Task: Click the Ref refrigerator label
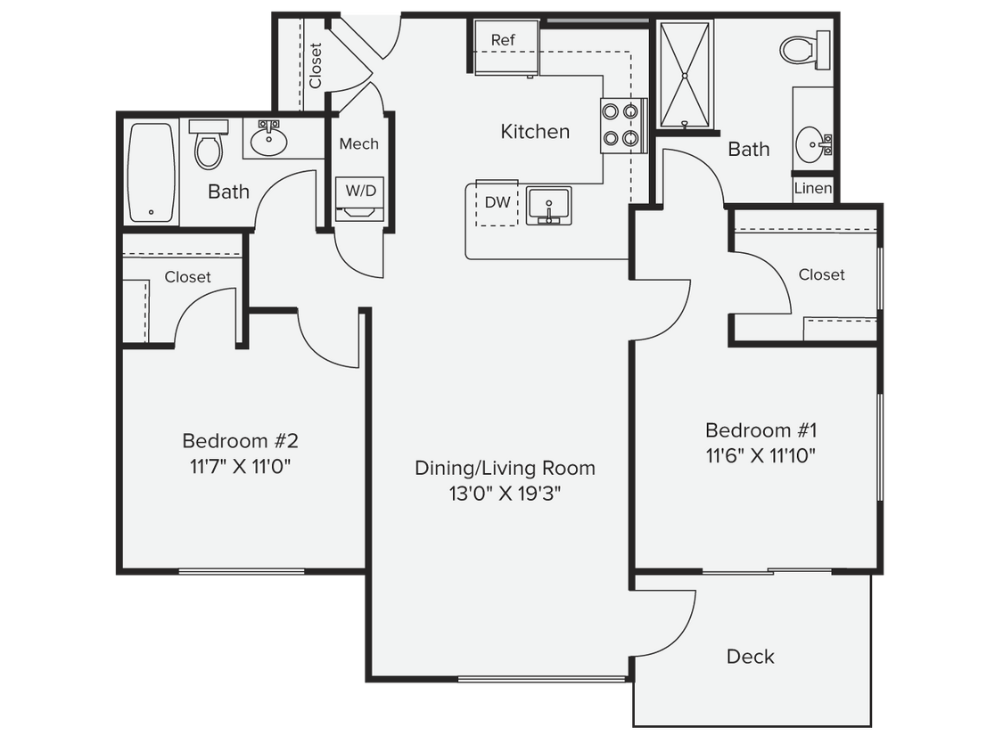503,40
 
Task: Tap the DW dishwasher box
497,203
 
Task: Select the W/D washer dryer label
360,190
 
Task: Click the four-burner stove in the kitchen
621,126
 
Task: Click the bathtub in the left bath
152,172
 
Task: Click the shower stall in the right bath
686,75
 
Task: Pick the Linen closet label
813,189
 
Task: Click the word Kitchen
535,132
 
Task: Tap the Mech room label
359,143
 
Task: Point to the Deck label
750,657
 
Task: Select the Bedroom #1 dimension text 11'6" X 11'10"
760,455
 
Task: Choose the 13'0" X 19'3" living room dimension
505,493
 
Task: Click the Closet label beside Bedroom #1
821,274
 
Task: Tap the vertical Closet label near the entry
316,66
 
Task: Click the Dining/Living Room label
505,468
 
